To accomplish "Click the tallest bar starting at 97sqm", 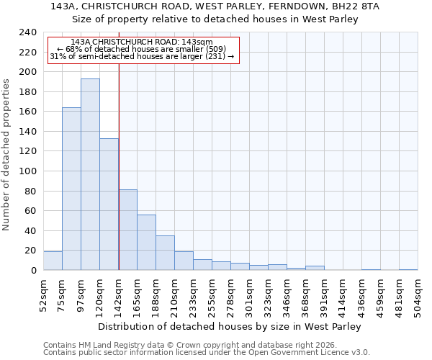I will pyautogui.click(x=90, y=174).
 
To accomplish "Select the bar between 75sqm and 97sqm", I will pyautogui.click(x=71, y=189).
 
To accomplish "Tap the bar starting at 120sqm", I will pyautogui.click(x=109, y=204).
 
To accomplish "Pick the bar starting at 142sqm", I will pyautogui.click(x=127, y=230).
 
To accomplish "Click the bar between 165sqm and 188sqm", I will pyautogui.click(x=146, y=243).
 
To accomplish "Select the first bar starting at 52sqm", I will pyautogui.click(x=53, y=261).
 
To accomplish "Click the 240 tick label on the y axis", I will pyautogui.click(x=28, y=32).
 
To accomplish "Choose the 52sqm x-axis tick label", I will pyautogui.click(x=44, y=294).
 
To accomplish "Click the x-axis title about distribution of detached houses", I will pyautogui.click(x=229, y=327).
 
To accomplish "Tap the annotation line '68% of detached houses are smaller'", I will pyautogui.click(x=142, y=49).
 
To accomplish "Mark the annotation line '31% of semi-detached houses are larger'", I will pyautogui.click(x=142, y=56).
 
